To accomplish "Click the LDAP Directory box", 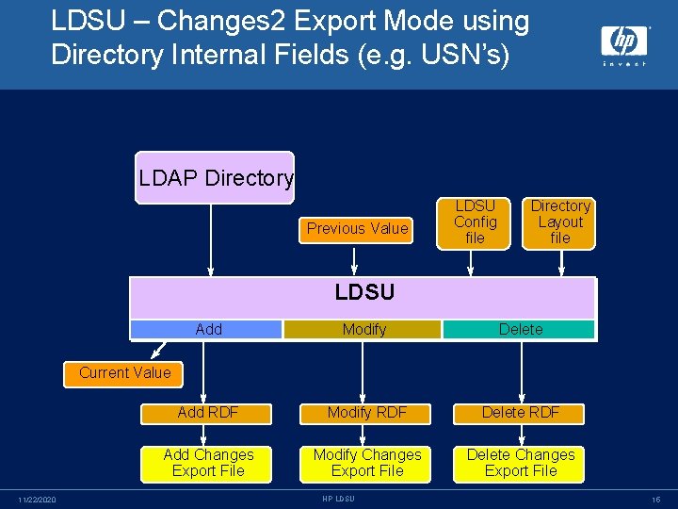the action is [x=215, y=177].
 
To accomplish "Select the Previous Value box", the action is [x=357, y=228].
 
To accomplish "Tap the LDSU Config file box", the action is [x=475, y=222].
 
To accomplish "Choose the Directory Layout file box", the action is [x=560, y=222].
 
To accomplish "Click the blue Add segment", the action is [x=207, y=329].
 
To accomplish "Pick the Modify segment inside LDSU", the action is [x=363, y=329].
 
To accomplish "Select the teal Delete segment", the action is [x=520, y=329].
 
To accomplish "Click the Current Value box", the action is [x=124, y=373].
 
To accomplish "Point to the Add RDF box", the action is [x=207, y=413].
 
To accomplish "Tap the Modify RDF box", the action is [x=366, y=413].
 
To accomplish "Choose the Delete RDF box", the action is [x=520, y=413].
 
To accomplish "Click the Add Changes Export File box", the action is [x=208, y=463].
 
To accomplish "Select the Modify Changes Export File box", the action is [x=366, y=463].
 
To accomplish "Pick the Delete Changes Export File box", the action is [x=520, y=463].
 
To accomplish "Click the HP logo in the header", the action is [x=623, y=43].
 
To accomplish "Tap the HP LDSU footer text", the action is [x=338, y=499].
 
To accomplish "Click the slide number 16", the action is [x=655, y=499].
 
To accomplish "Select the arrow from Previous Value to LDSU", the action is [x=354, y=259].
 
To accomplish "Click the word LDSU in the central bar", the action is [x=363, y=292].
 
